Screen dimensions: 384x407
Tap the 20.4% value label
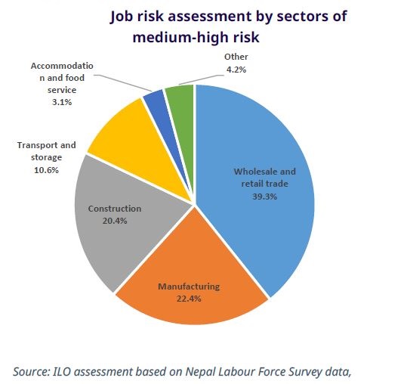114,221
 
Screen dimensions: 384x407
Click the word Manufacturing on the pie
189,286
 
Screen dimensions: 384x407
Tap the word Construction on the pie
115,209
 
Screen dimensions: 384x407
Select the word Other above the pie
236,57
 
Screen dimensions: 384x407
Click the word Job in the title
123,16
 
